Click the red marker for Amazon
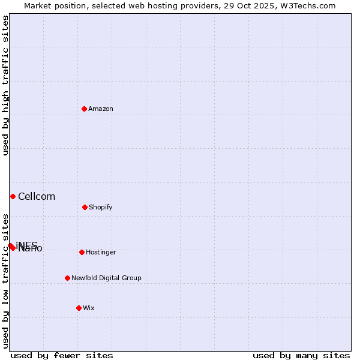coord(85,109)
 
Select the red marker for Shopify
coord(85,207)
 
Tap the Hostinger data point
coord(82,252)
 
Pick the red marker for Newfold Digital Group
coord(67,278)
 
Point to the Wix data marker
coord(79,308)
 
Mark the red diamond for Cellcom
coord(13,196)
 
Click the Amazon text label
coord(101,109)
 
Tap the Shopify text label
coord(101,207)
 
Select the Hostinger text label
coord(101,252)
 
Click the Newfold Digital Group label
coord(106,278)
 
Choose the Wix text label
coord(89,308)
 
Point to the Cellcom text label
coord(37,196)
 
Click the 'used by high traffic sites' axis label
coord(5,85)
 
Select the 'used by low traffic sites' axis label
coord(5,281)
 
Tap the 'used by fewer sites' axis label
coord(62,355)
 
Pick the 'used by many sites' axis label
coord(301,355)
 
